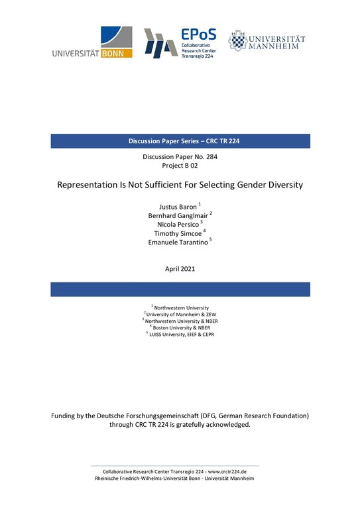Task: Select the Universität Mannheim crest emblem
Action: click(237, 41)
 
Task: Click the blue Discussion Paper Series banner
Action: click(180, 141)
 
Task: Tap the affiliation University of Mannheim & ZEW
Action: click(182, 313)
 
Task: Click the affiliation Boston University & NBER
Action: click(182, 327)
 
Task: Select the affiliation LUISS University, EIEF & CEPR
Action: click(182, 333)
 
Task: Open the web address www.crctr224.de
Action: click(221, 470)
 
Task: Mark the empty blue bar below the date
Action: click(180, 289)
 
